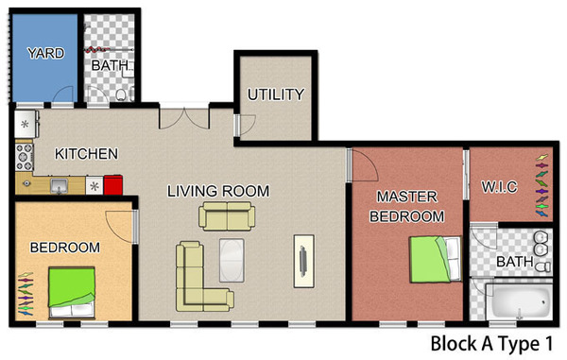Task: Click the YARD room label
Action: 46,53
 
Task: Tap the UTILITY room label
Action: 276,94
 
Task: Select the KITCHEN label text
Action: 86,154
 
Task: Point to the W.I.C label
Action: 499,187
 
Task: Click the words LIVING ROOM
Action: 218,191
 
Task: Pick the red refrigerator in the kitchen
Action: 113,185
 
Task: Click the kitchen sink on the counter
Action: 59,186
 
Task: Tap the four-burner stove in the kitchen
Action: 25,157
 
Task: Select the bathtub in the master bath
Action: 519,301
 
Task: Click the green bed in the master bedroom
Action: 436,259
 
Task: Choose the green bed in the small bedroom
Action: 72,293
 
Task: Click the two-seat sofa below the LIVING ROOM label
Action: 227,216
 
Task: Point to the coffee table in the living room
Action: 232,260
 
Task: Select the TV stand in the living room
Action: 303,261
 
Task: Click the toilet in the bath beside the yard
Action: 122,94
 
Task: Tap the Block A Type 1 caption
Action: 491,344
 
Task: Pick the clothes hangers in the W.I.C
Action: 541,185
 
